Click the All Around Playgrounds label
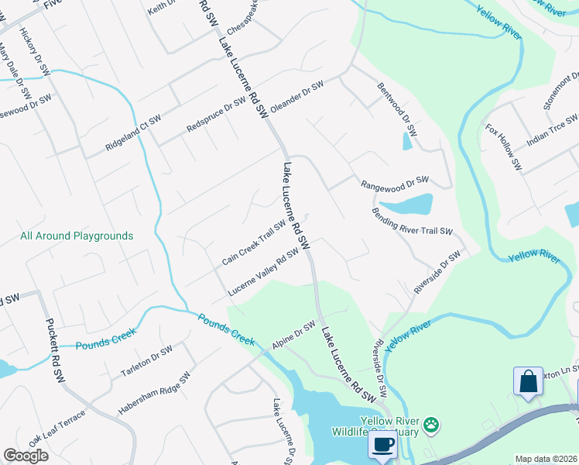[77, 236]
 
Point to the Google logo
[26, 456]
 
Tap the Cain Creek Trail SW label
[254, 243]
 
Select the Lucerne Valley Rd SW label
[264, 272]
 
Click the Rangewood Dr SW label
[395, 183]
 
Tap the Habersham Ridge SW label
[154, 393]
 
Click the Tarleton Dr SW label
[146, 362]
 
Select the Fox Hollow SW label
[504, 147]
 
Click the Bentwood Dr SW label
[397, 110]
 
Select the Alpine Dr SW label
[293, 336]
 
